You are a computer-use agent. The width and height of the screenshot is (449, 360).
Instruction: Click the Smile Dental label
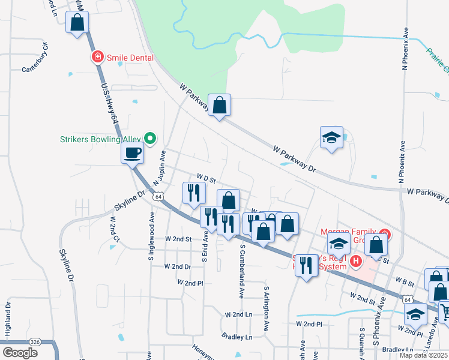coord(130,58)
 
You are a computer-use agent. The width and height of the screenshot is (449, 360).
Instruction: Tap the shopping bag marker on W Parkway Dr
coord(220,106)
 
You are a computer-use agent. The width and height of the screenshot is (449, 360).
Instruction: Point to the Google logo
coord(20,353)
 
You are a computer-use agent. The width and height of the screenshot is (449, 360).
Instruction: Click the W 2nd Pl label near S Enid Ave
coord(190,282)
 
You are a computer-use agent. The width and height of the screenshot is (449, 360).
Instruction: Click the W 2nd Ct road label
coord(112,227)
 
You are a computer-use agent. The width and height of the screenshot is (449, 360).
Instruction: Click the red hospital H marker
coord(356,261)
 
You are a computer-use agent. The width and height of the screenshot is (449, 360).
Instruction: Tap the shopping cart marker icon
coord(445,311)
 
